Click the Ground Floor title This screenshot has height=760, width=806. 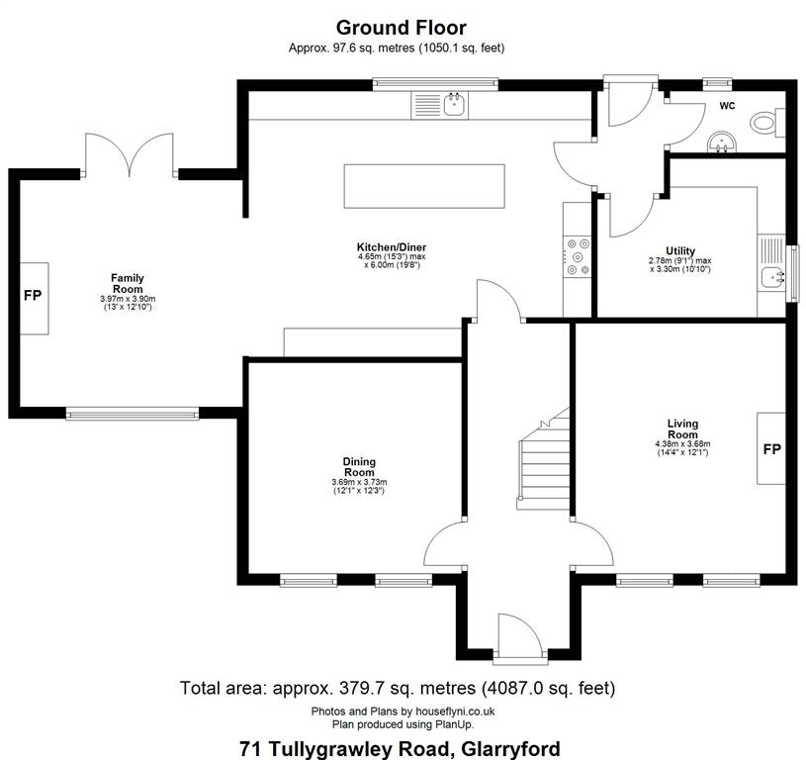[x=401, y=28]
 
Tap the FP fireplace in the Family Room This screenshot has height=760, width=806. [x=34, y=298]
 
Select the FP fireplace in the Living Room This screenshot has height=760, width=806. [x=771, y=448]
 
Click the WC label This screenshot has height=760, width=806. [x=727, y=106]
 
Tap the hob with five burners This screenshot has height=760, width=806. [x=578, y=256]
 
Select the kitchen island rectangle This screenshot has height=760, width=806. [x=424, y=186]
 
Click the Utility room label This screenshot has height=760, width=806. [x=680, y=251]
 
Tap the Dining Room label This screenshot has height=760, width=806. [x=359, y=467]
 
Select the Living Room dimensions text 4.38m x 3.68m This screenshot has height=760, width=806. [x=682, y=443]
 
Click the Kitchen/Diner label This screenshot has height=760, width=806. [x=392, y=246]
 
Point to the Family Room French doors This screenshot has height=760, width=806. [x=129, y=154]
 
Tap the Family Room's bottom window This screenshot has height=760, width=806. [x=133, y=413]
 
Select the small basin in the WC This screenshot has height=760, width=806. [x=722, y=142]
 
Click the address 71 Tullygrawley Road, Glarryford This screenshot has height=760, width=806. [x=400, y=749]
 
